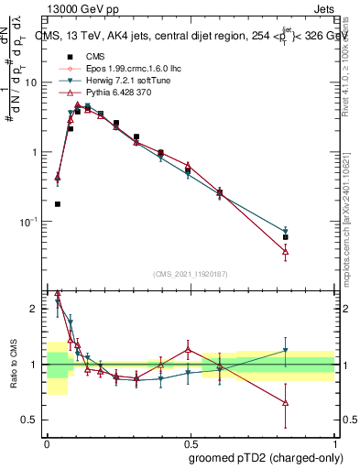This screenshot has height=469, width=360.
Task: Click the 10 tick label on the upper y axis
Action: point(31,82)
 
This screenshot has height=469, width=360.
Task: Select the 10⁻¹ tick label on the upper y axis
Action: point(29,222)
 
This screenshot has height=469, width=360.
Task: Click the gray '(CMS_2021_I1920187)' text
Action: point(191,274)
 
